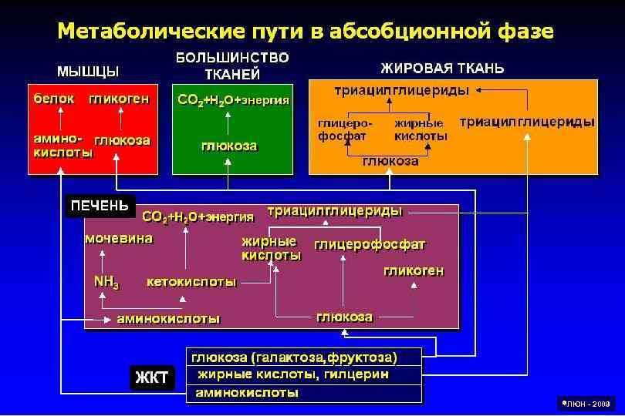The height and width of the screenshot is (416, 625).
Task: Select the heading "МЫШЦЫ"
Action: point(88,72)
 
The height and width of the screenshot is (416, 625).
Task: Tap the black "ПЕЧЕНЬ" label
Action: point(100,206)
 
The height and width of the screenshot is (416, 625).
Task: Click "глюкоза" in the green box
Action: point(229,146)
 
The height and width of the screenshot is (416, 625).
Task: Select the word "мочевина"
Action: point(119,239)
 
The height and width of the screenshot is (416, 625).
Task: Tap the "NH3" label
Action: point(106,282)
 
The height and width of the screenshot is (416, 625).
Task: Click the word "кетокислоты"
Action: point(191,282)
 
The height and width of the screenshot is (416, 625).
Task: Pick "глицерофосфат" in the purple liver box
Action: point(370,245)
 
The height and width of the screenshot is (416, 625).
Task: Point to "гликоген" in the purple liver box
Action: point(414,271)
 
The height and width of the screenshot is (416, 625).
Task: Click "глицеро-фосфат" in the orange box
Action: point(344,129)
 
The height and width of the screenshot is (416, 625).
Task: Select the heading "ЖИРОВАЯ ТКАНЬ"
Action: point(443,69)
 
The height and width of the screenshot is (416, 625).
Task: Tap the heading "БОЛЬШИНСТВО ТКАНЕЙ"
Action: point(232,65)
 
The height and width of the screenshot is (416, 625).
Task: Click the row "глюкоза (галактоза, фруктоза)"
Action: point(295,357)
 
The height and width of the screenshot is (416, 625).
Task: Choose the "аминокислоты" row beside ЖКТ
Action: point(247,392)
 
